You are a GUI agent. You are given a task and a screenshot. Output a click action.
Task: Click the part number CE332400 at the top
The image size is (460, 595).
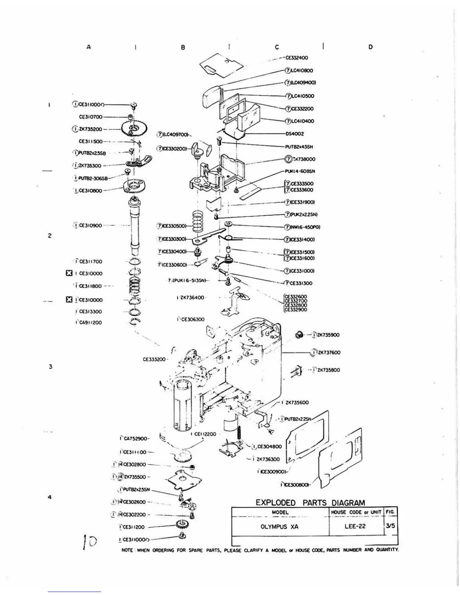(x=297, y=58)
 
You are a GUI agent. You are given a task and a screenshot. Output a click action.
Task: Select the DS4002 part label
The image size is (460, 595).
(x=295, y=134)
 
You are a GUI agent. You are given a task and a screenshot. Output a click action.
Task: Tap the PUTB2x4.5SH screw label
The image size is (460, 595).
(x=299, y=147)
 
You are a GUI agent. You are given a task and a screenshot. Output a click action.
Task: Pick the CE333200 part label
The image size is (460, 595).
(x=154, y=359)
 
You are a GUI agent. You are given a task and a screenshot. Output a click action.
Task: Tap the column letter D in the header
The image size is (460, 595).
(x=371, y=47)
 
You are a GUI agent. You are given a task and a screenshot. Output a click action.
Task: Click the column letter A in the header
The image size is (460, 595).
(x=89, y=47)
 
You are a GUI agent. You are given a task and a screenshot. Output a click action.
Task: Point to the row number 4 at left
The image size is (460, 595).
(x=50, y=497)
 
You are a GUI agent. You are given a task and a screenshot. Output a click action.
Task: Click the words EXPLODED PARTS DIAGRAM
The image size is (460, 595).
(x=310, y=503)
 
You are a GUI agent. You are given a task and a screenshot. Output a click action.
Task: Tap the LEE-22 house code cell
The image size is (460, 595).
(x=355, y=526)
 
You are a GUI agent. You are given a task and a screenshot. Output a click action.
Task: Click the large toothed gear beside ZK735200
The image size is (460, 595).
(x=134, y=129)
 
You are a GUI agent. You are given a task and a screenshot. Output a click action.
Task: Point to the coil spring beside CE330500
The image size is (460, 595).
(x=197, y=222)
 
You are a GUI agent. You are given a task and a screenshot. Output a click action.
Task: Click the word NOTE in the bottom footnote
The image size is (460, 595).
(x=127, y=550)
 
